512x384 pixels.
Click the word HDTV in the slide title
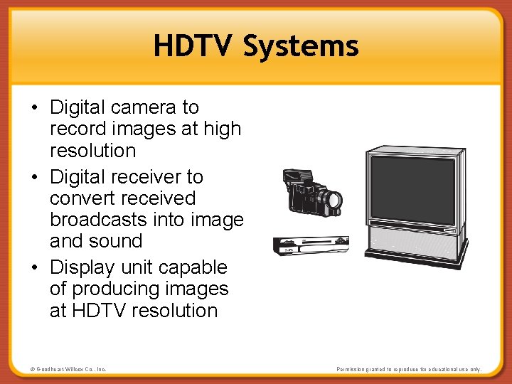tap(193, 46)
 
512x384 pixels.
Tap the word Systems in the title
tap(301, 46)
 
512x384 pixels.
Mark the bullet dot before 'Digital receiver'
tap(35, 177)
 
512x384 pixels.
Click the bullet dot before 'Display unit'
tap(35, 268)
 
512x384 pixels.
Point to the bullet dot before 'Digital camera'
tap(35, 108)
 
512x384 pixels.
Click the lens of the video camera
tap(333, 201)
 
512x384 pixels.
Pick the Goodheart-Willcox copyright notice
tap(68, 369)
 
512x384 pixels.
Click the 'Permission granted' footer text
tap(409, 369)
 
